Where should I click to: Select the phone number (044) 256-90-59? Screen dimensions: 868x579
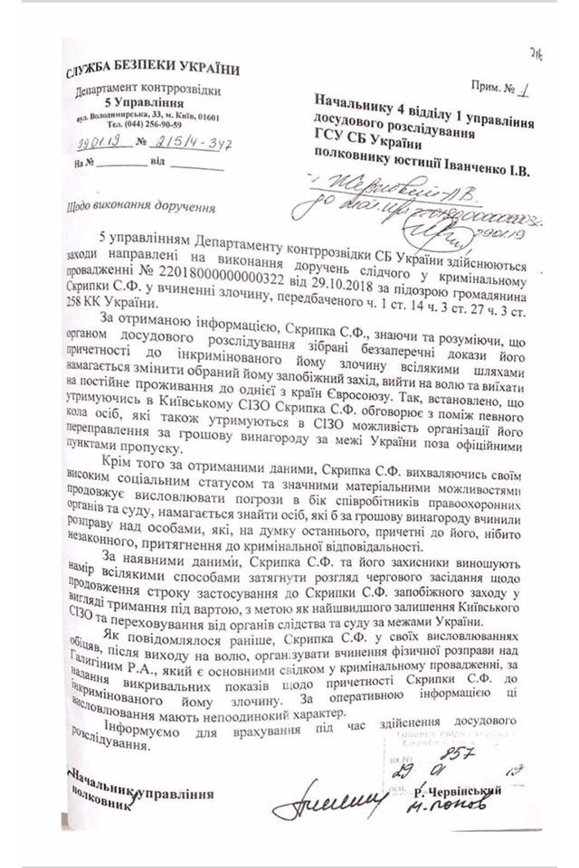click(x=145, y=123)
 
